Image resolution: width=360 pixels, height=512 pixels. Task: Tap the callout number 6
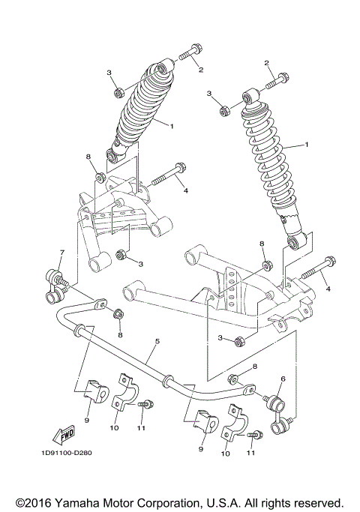point(283,380)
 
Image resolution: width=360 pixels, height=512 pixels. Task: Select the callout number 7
point(61,253)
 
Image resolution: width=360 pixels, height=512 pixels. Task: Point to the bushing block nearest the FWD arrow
point(91,391)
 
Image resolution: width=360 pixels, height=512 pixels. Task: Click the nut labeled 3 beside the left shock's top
point(118,93)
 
